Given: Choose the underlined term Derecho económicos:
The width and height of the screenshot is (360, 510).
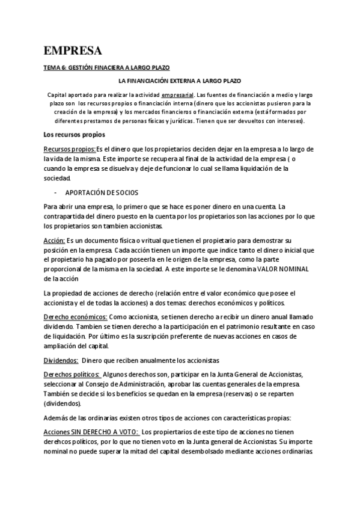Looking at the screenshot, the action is click(76, 316).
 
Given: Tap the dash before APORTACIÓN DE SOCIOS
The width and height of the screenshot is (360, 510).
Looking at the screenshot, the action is click(54, 192).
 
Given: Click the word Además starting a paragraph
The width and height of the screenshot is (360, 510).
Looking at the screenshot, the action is click(58, 418).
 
